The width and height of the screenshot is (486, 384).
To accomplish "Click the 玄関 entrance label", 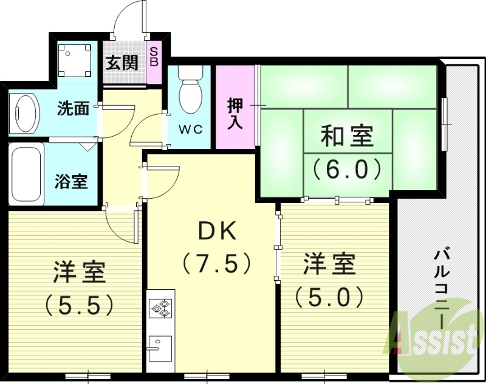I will [122, 63].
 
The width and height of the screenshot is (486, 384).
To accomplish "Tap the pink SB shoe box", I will [154, 57].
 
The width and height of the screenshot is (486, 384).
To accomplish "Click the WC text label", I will [190, 129].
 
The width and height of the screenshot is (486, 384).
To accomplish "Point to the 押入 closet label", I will [236, 113].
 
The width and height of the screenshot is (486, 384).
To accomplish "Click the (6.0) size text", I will [347, 168].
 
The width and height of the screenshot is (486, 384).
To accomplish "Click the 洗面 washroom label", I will [73, 109].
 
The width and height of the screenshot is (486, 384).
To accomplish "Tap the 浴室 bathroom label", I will [71, 180].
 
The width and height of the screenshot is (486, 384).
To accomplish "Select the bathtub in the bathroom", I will [26, 176].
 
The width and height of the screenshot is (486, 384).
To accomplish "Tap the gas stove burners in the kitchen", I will [161, 307].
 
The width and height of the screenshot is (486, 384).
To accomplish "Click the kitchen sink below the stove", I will [160, 348].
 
